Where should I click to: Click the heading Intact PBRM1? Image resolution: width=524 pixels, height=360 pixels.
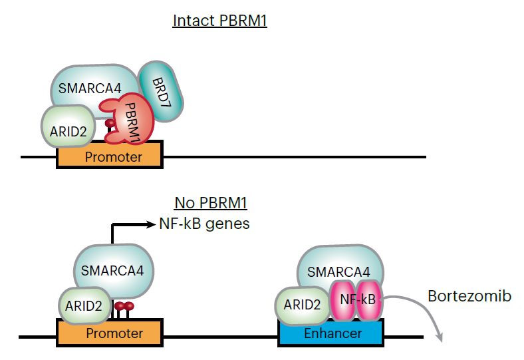(219, 21)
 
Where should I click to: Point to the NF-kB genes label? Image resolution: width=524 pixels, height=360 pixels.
(205, 224)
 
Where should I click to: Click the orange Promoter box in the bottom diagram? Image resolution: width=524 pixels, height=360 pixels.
(109, 332)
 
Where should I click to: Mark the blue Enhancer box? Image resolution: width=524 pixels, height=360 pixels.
(330, 332)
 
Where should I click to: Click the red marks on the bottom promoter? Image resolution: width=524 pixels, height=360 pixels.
(124, 307)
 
